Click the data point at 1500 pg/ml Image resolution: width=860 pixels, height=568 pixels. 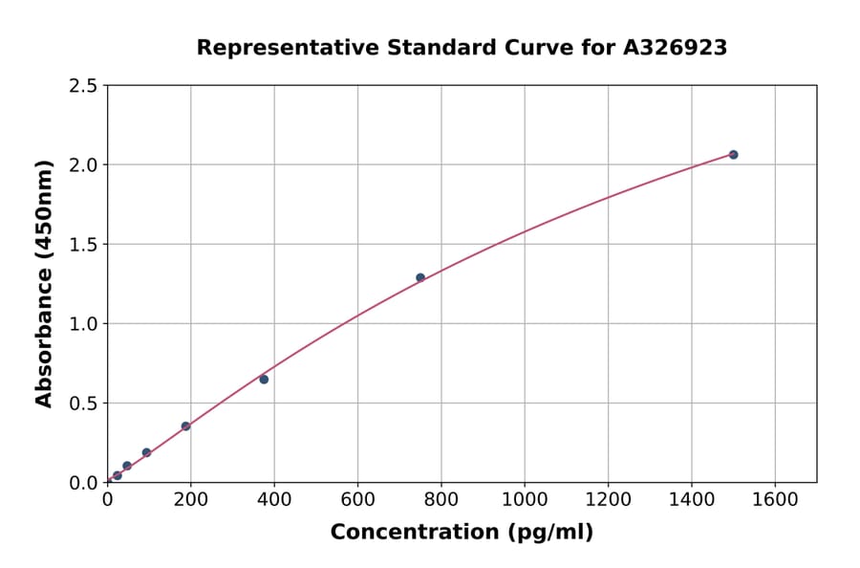[733, 154]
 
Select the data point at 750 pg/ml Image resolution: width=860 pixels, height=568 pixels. [420, 277]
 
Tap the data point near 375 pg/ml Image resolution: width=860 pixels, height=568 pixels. [264, 380]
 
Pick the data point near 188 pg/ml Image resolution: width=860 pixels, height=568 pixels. [185, 426]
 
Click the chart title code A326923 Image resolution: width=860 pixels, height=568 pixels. [677, 48]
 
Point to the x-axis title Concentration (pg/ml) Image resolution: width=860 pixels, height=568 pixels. [462, 533]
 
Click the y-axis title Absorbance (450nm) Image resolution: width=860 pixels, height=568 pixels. [44, 283]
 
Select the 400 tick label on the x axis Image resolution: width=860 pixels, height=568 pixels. [274, 499]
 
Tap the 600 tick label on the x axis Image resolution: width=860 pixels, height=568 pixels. [357, 499]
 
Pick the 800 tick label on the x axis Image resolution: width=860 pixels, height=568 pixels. [441, 499]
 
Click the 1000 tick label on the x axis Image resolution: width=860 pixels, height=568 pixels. [525, 499]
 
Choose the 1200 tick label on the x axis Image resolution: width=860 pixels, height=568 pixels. [608, 499]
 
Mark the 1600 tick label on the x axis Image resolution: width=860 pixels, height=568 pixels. [775, 499]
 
